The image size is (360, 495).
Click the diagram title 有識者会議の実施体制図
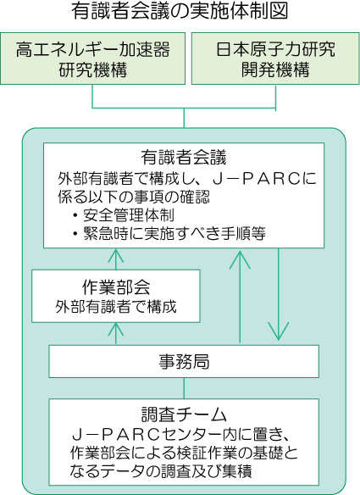click(x=180, y=11)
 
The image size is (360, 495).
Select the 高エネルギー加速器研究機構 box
click(x=93, y=58)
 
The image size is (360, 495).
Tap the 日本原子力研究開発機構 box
click(x=275, y=58)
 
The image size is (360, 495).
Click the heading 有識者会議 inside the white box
click(x=184, y=157)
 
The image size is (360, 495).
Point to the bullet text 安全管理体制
click(x=129, y=215)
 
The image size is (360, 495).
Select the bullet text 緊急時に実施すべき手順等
click(x=174, y=234)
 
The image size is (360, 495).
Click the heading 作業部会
click(x=116, y=287)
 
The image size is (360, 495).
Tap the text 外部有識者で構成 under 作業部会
click(x=116, y=306)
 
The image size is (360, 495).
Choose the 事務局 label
click(x=184, y=362)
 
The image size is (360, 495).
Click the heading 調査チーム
click(x=184, y=414)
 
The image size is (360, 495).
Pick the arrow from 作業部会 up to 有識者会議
click(x=116, y=259)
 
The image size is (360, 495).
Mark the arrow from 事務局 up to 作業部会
click(x=116, y=333)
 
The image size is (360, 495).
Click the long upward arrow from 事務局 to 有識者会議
click(x=240, y=297)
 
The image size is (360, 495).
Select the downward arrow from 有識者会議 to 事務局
click(x=279, y=294)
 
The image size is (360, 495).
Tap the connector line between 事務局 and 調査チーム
click(x=185, y=388)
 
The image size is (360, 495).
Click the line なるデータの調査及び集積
click(x=161, y=471)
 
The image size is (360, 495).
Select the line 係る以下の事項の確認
click(x=134, y=197)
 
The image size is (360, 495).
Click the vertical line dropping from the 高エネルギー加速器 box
click(x=92, y=97)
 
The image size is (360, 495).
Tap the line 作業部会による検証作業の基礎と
click(x=184, y=453)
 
